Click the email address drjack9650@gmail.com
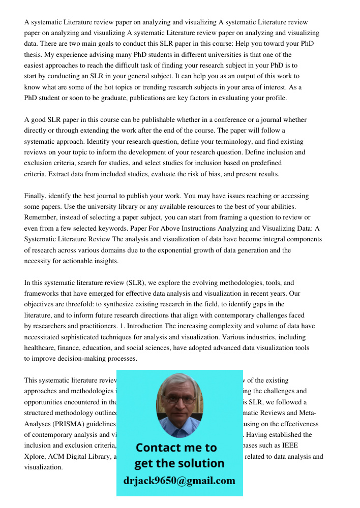[x=179, y=481]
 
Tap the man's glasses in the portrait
[x=179, y=399]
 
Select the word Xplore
[x=35, y=457]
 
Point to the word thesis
[x=34, y=55]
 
